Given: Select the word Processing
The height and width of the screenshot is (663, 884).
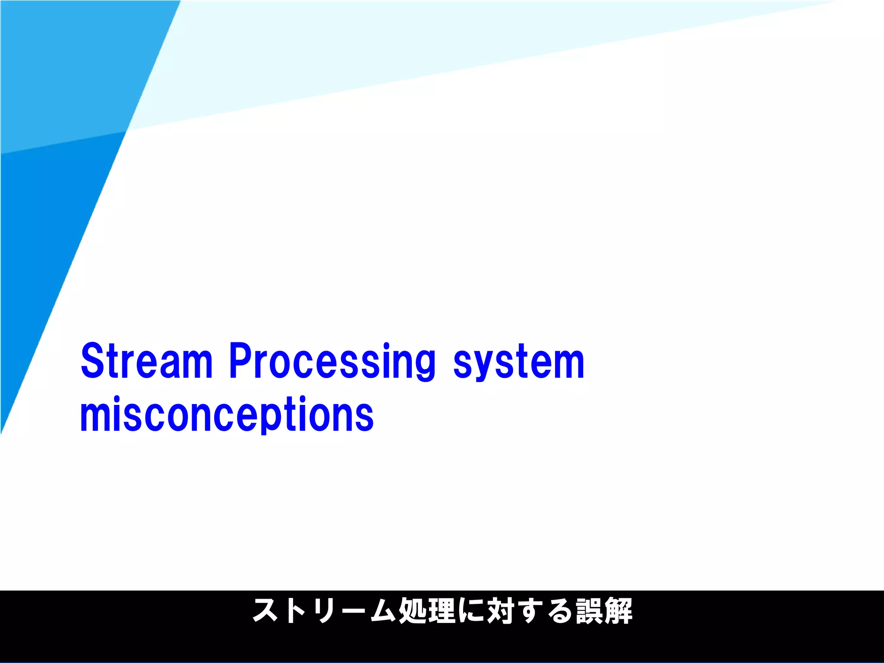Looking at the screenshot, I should tap(332, 362).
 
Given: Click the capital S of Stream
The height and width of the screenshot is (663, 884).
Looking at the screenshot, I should tap(92, 361).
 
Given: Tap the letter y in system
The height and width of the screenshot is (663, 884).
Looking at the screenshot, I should tap(483, 367).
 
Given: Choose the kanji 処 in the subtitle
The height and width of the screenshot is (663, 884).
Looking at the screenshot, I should tap(412, 611).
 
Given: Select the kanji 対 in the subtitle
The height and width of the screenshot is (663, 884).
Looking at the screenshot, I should tap(500, 611).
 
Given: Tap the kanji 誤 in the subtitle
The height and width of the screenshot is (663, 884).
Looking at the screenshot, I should tap(589, 611).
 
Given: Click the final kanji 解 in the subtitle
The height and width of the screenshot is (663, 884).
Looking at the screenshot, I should tap(619, 611).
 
